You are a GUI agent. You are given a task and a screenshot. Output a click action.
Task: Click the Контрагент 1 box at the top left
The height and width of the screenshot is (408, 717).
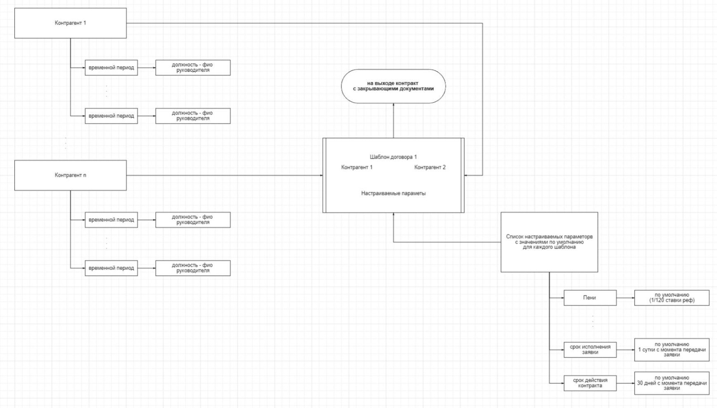(x=70, y=23)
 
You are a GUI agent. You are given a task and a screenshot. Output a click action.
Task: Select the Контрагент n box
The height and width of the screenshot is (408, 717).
(x=70, y=175)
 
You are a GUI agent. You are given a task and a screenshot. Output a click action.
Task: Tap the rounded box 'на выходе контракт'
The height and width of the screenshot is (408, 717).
(x=393, y=86)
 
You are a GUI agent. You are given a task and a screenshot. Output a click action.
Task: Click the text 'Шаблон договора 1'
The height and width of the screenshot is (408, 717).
(x=393, y=157)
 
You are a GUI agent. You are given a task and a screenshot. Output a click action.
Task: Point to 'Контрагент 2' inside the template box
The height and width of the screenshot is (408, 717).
(x=430, y=167)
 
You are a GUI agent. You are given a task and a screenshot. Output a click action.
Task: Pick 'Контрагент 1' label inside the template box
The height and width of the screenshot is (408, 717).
(x=357, y=167)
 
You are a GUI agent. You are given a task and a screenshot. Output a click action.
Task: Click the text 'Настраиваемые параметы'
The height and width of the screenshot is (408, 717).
(x=393, y=193)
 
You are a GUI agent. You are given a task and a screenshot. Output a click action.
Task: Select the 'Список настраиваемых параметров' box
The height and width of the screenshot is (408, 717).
(x=549, y=242)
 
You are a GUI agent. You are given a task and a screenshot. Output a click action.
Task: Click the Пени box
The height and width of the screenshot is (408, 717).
(x=590, y=298)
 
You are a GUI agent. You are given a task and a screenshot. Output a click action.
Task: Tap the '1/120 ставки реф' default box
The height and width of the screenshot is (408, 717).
(x=672, y=298)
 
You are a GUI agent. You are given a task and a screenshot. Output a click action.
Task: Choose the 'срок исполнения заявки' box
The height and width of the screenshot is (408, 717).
(x=590, y=350)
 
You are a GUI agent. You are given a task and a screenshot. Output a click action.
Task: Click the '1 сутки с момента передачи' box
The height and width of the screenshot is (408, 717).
(x=672, y=350)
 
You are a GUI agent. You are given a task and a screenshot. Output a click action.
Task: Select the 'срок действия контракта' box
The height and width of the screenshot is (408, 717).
(x=590, y=383)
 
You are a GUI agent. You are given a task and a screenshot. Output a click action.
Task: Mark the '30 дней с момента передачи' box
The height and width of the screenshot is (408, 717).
(x=672, y=383)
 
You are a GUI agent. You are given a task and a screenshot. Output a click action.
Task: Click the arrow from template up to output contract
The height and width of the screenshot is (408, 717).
(x=393, y=120)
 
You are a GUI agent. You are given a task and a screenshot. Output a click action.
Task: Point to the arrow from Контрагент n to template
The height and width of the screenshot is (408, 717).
(x=224, y=175)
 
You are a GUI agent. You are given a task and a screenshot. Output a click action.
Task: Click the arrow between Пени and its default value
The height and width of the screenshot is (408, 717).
(x=625, y=298)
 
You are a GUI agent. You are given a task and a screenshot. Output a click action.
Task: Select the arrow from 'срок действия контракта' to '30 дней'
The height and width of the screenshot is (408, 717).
(x=625, y=383)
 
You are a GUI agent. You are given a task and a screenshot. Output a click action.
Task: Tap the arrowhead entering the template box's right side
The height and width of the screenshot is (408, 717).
(x=466, y=175)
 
